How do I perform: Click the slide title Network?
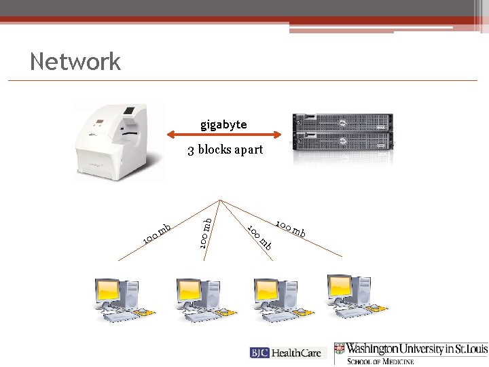point(75,62)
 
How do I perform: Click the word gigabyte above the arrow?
point(223,125)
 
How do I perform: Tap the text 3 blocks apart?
point(225,150)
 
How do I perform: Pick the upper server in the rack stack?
point(343,122)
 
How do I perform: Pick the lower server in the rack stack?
point(343,141)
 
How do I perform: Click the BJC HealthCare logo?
point(288,353)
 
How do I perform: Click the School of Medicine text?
point(380,361)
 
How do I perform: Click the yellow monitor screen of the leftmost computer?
point(109,291)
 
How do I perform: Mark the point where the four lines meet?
point(221,200)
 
